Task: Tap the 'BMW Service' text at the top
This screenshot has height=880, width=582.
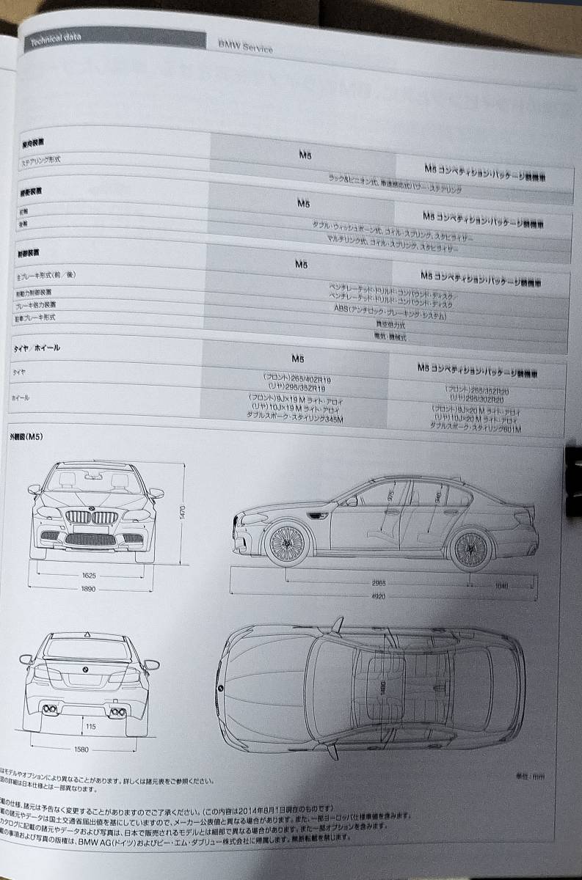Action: tap(244, 47)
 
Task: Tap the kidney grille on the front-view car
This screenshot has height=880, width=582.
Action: tap(91, 518)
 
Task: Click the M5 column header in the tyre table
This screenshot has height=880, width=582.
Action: tap(297, 359)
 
